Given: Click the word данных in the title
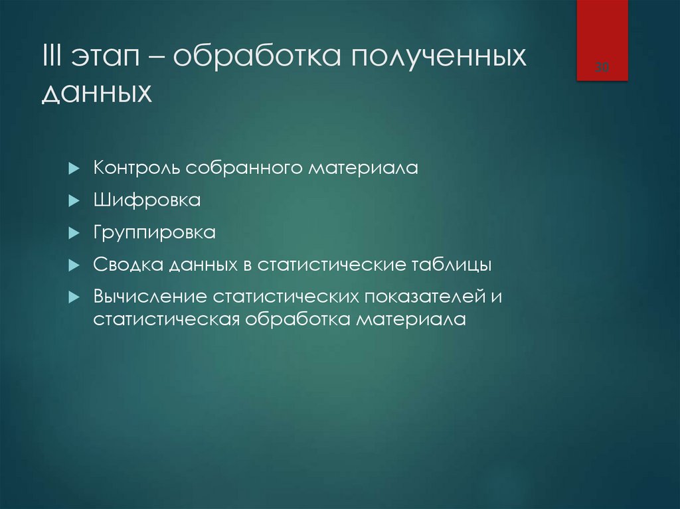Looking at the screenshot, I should (97, 94).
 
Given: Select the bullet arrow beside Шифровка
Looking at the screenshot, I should (74, 201).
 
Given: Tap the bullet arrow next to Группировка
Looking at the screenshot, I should (74, 234).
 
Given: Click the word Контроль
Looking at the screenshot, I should (137, 168).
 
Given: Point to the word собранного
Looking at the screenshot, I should (244, 169).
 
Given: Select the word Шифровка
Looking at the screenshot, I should (147, 200).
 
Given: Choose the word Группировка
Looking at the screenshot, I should (155, 234).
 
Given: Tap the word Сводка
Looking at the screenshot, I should (129, 265).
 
